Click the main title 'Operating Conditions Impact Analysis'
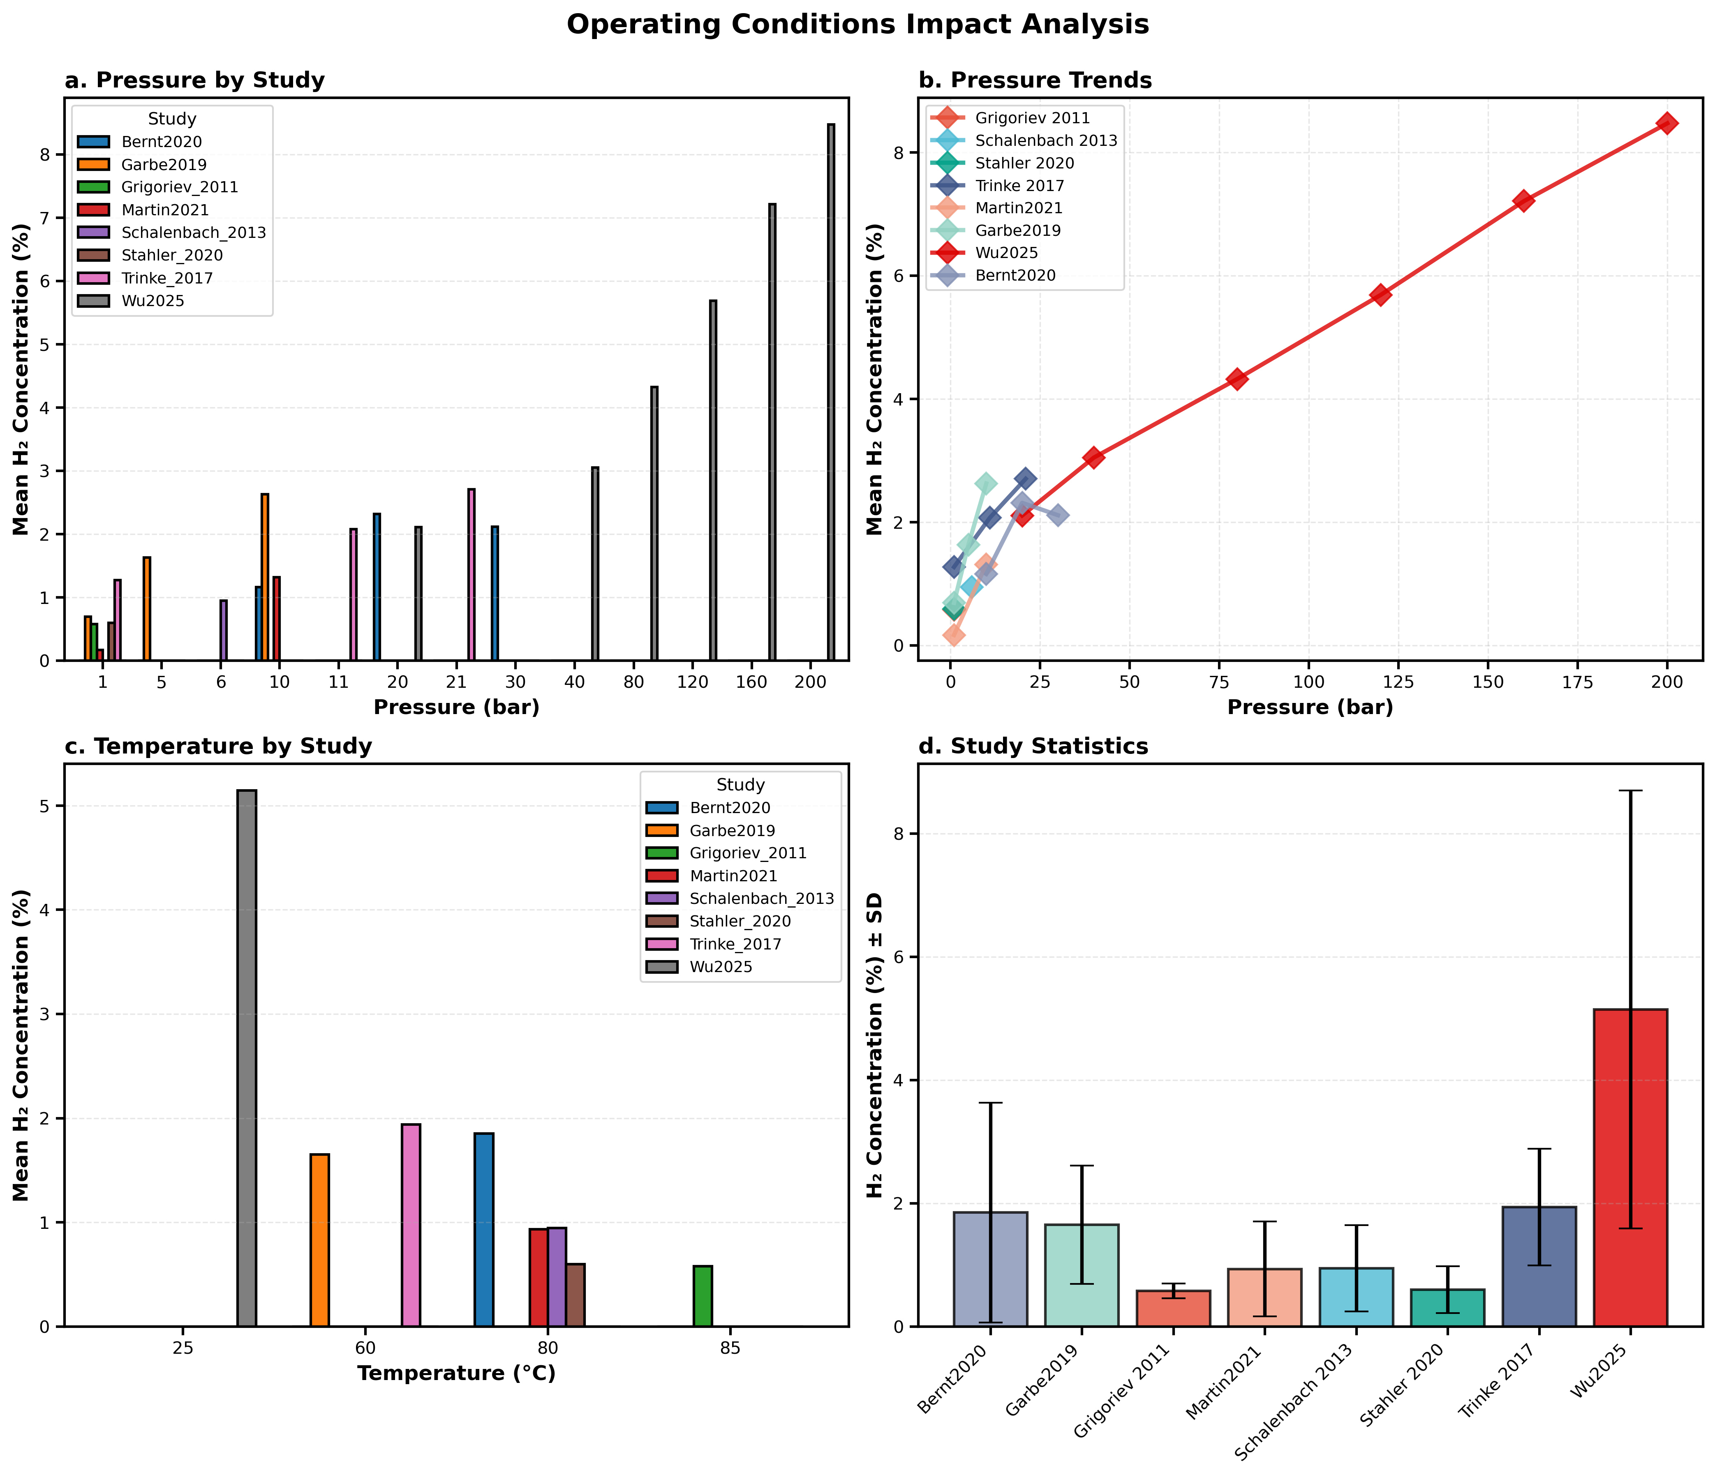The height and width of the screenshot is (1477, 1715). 857,25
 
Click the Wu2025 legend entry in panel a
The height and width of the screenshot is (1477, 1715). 152,301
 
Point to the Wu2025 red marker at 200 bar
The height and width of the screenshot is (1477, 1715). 1667,123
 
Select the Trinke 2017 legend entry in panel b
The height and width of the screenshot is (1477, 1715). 1019,186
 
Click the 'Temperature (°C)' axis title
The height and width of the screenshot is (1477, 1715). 456,1373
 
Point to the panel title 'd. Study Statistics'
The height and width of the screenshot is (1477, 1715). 1033,747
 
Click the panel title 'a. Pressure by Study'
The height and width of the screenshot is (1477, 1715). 194,80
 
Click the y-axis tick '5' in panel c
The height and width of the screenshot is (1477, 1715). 46,807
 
